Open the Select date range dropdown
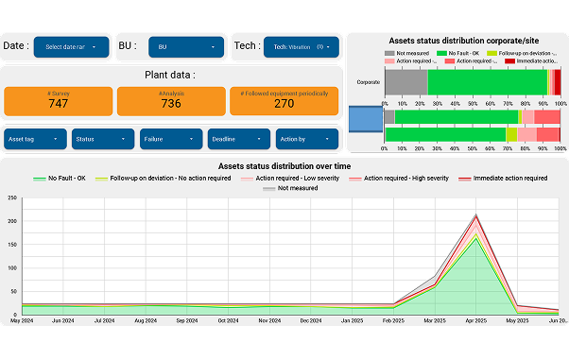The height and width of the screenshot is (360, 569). click(x=72, y=46)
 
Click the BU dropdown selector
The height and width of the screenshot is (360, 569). click(x=187, y=46)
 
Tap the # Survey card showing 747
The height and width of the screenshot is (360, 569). click(x=59, y=101)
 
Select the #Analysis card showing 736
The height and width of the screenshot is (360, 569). click(x=170, y=101)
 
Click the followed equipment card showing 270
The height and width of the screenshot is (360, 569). click(x=284, y=101)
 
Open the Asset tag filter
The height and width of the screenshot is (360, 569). click(x=36, y=139)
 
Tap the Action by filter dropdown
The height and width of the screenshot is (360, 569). click(x=307, y=139)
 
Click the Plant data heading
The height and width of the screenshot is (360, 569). click(x=170, y=75)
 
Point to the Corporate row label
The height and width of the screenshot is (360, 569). click(x=369, y=82)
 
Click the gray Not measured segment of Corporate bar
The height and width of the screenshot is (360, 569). click(x=405, y=82)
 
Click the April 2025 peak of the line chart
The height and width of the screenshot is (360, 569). click(x=476, y=215)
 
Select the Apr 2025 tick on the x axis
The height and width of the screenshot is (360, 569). click(x=476, y=321)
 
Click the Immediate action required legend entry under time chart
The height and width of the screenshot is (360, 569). click(x=503, y=178)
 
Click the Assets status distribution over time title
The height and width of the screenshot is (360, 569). click(x=284, y=165)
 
